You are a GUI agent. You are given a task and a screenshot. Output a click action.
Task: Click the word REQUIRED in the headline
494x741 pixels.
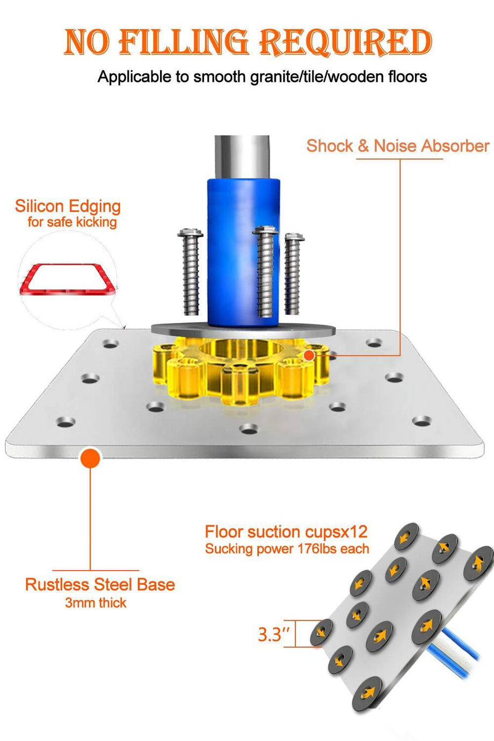point(345,42)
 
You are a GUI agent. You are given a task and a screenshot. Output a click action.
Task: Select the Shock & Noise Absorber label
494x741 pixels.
point(398,146)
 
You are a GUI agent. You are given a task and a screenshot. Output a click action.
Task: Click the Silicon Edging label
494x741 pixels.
point(68,206)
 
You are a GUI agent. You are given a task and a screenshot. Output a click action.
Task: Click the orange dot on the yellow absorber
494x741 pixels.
point(309,355)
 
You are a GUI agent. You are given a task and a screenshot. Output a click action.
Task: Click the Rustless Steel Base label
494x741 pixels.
point(100,585)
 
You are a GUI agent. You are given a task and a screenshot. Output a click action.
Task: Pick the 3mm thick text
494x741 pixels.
point(96,602)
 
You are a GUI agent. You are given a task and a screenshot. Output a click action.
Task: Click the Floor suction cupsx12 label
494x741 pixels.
point(286,532)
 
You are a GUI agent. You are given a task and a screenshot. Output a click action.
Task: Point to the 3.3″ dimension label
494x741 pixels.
point(274,635)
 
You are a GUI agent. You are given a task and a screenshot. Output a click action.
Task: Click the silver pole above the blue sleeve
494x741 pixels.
point(242,157)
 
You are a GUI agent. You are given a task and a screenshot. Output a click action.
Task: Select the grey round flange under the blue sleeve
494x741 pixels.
point(244,330)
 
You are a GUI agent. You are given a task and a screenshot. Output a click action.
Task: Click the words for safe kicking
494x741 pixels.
point(72,222)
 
